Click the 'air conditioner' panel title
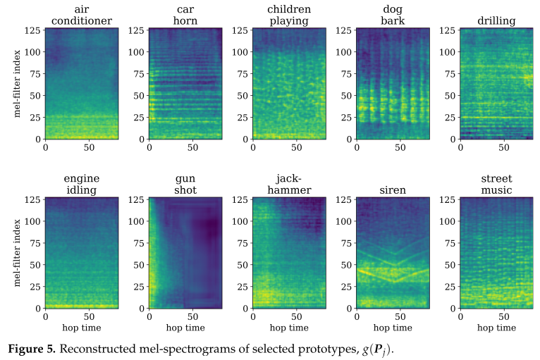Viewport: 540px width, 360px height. click(82, 15)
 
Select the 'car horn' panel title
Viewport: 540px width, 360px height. click(185, 15)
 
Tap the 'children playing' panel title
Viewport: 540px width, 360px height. click(288, 15)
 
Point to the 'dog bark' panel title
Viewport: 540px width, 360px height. click(392, 15)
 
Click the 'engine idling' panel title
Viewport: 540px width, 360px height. click(82, 184)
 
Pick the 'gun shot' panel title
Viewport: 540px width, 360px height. click(185, 184)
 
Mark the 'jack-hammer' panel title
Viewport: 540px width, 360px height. click(288, 184)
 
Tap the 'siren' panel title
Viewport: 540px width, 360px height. click(392, 190)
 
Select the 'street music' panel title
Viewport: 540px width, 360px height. click(496, 184)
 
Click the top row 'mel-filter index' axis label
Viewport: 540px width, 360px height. click(18, 84)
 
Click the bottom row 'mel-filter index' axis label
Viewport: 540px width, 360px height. click(18, 253)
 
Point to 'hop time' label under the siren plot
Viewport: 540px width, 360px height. click(392, 328)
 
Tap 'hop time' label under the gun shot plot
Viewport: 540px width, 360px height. click(185, 328)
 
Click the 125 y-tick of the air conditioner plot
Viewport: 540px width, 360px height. click(32, 30)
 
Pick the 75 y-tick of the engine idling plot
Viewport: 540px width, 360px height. click(35, 243)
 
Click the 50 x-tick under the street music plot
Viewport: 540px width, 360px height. click(503, 317)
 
